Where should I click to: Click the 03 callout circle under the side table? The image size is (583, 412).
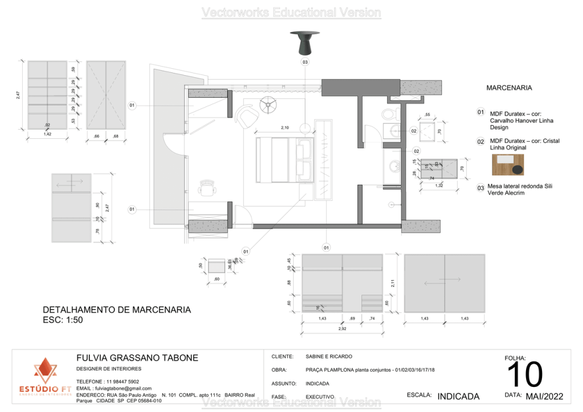click(x=305, y=61)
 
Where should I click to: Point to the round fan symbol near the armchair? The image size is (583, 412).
click(x=267, y=104)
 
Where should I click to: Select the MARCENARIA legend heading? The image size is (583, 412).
click(x=509, y=88)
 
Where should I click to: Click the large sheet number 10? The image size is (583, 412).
click(x=524, y=374)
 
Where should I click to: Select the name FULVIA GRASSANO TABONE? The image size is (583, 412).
click(x=137, y=358)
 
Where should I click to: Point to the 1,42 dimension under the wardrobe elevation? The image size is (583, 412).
click(x=48, y=135)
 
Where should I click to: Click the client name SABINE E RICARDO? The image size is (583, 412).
click(x=329, y=356)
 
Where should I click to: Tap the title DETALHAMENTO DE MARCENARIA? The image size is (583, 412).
click(x=117, y=310)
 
